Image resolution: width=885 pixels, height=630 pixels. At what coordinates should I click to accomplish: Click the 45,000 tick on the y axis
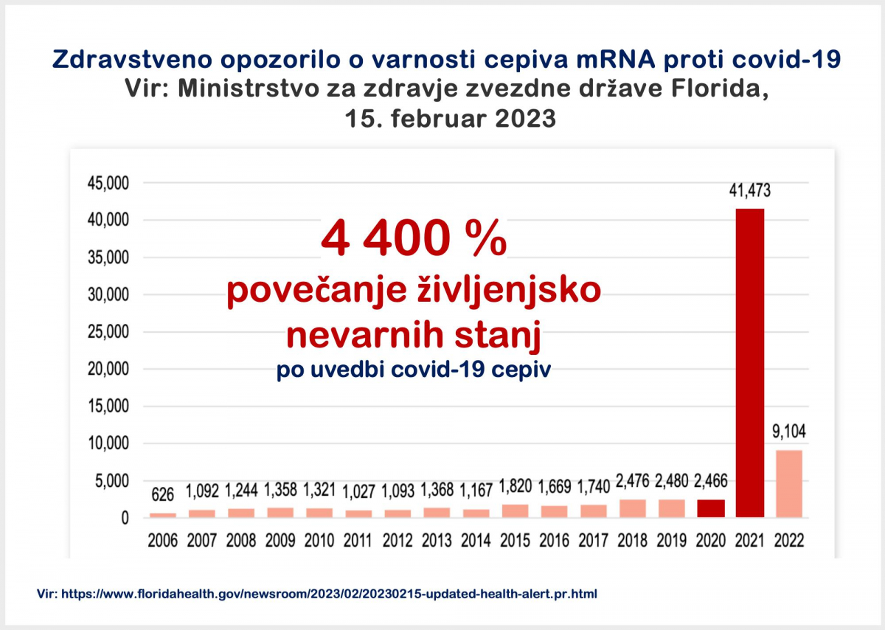click(108, 183)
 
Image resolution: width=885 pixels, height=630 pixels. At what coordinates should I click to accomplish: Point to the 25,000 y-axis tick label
click(108, 332)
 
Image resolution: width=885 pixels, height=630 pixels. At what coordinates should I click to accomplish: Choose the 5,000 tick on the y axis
click(113, 481)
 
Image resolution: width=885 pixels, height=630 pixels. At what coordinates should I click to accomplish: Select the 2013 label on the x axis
click(437, 541)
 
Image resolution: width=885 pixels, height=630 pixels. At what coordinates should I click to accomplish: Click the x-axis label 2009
click(280, 541)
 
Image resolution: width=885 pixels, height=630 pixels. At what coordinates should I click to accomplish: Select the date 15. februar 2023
click(451, 118)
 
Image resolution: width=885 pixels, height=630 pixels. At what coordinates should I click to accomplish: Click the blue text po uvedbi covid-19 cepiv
click(414, 370)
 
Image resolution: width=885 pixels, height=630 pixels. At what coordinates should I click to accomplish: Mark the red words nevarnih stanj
click(414, 336)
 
